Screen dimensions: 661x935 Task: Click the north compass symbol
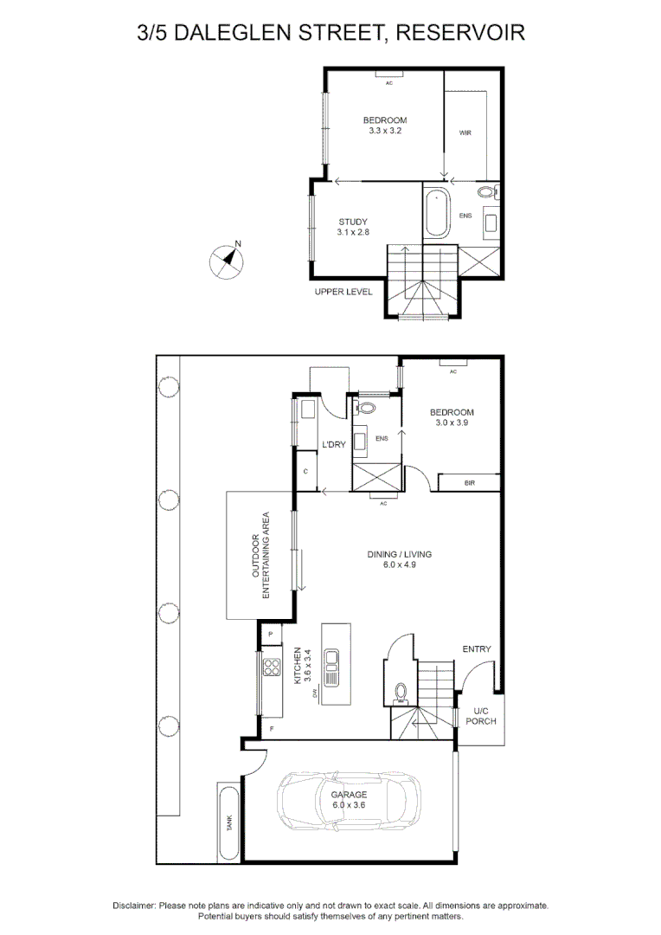click(x=227, y=261)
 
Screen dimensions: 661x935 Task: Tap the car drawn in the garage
click(x=349, y=800)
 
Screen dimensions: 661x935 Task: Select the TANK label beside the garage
click(x=229, y=823)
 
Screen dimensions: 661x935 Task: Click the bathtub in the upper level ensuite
click(x=437, y=212)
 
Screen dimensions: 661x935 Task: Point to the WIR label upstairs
click(x=465, y=133)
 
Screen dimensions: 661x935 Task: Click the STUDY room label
click(x=354, y=222)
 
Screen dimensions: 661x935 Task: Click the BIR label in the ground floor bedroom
click(x=470, y=483)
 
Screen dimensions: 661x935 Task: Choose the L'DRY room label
click(x=334, y=444)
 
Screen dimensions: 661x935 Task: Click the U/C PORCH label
click(x=481, y=716)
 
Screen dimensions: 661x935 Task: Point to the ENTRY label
click(x=477, y=648)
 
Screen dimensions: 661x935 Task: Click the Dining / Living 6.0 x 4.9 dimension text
click(x=400, y=564)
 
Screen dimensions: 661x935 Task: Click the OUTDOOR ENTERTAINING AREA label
click(x=260, y=555)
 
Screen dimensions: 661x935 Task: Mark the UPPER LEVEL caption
click(x=343, y=292)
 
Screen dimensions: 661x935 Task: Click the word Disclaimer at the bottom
click(x=134, y=906)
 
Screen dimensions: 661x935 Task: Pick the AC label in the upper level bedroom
click(x=389, y=83)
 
